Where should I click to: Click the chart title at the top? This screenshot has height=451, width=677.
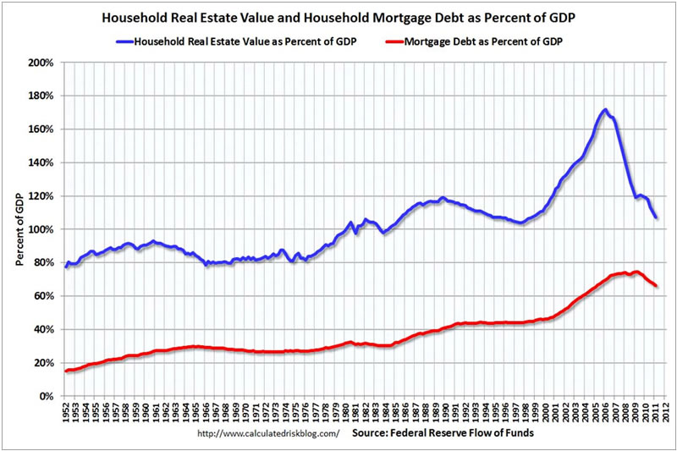tap(338, 16)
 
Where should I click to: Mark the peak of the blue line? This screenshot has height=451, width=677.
tap(604, 110)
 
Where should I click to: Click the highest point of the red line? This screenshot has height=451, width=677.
tap(636, 272)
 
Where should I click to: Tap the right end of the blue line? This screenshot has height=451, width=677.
tap(656, 218)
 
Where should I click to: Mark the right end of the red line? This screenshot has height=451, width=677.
tap(656, 285)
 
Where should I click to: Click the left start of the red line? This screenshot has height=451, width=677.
tap(65, 371)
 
